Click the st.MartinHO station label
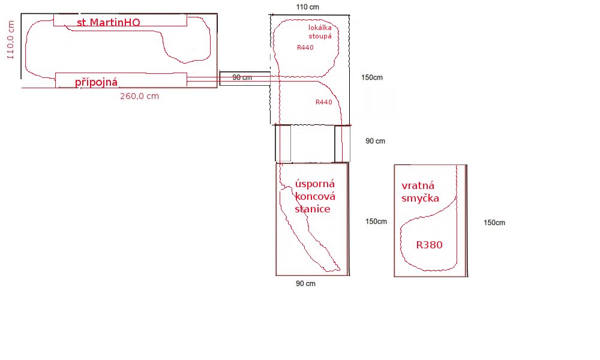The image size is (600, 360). [108, 22]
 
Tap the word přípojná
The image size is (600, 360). [96, 82]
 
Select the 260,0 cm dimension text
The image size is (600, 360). [139, 96]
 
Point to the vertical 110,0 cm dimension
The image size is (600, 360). [11, 40]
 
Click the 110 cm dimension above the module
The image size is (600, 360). [307, 7]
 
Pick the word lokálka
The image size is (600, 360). [320, 28]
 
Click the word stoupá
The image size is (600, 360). [320, 37]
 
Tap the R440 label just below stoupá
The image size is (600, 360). [305, 47]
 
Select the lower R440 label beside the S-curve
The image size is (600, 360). [324, 102]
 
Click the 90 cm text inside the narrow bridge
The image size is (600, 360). [242, 77]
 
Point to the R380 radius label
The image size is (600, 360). [430, 245]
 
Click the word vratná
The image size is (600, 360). [418, 185]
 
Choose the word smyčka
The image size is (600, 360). [420, 199]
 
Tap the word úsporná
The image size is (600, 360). [315, 184]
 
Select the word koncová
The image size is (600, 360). [315, 196]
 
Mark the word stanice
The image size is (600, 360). [312, 209]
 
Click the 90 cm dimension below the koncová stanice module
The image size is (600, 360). [306, 283]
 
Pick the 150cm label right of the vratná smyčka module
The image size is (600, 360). [494, 223]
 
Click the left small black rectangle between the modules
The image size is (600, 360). [283, 143]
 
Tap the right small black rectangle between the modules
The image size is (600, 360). [342, 143]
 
